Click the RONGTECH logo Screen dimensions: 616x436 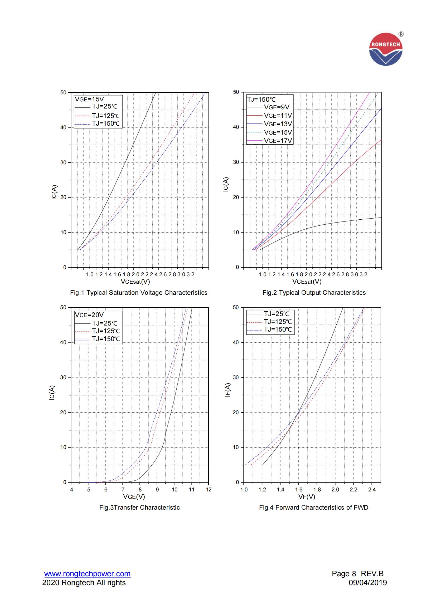pyautogui.click(x=386, y=49)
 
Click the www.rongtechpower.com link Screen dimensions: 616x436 pyautogui.click(x=87, y=574)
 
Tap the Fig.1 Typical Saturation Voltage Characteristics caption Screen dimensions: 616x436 pyautogui.click(x=139, y=293)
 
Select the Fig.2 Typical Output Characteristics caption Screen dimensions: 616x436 pyautogui.click(x=314, y=293)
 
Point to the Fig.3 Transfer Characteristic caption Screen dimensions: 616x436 pyautogui.click(x=139, y=507)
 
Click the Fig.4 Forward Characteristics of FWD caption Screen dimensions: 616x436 pyautogui.click(x=313, y=507)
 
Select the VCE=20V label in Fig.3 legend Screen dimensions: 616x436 pyautogui.click(x=89, y=315)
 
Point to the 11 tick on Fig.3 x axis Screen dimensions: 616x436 pyautogui.click(x=191, y=490)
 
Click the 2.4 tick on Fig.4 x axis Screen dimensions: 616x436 pyautogui.click(x=372, y=490)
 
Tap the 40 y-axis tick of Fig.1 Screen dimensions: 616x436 pyautogui.click(x=63, y=127)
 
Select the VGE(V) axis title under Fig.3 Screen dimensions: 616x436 pyautogui.click(x=134, y=497)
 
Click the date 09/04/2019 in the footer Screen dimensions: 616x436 pyautogui.click(x=367, y=583)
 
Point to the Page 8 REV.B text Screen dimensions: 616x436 pyautogui.click(x=358, y=574)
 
